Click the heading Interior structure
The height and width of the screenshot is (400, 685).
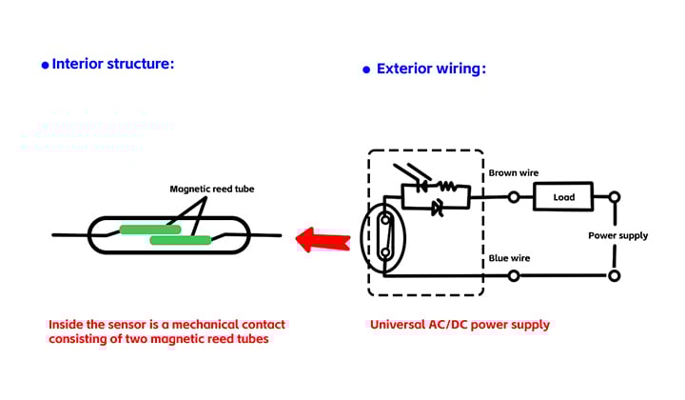(113, 64)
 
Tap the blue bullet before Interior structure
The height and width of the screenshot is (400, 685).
(44, 65)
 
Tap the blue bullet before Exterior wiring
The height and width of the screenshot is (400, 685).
(366, 70)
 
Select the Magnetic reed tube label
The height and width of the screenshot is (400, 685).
(212, 189)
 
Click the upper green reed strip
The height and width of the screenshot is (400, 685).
(149, 229)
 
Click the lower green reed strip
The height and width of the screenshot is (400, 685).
(180, 240)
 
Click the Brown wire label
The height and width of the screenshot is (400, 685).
(514, 173)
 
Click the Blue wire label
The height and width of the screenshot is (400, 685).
(509, 258)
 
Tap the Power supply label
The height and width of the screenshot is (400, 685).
(617, 235)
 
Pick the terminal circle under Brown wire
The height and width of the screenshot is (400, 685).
(514, 197)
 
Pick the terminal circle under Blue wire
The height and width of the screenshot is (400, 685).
(514, 276)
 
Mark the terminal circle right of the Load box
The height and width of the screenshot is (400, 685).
(615, 197)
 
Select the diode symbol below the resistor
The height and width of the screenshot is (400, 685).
(438, 206)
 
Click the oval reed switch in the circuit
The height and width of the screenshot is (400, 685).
(383, 237)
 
